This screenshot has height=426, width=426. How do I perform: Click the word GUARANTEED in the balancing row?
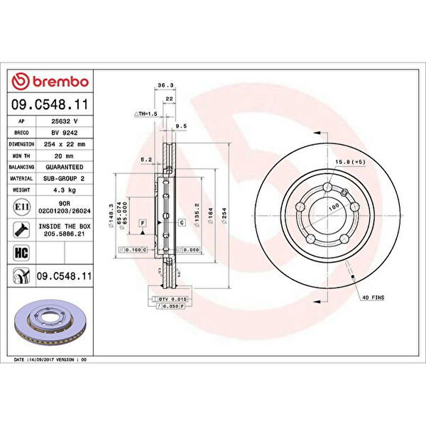[63, 167]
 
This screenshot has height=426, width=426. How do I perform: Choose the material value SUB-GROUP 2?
[63, 178]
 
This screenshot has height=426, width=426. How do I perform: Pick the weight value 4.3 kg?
[63, 190]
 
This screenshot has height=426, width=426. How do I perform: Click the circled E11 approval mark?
[21, 207]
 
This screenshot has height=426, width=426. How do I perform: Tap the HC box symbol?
[21, 252]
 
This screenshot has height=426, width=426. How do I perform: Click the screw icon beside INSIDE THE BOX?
[21, 229]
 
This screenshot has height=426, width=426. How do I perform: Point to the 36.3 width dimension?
[165, 86]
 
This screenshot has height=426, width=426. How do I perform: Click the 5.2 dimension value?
[147, 159]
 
